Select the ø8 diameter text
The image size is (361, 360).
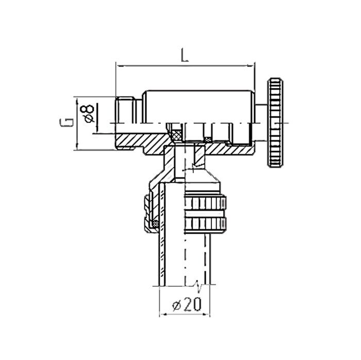88,112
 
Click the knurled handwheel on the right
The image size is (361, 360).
276,123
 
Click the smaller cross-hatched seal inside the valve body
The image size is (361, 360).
208,138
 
